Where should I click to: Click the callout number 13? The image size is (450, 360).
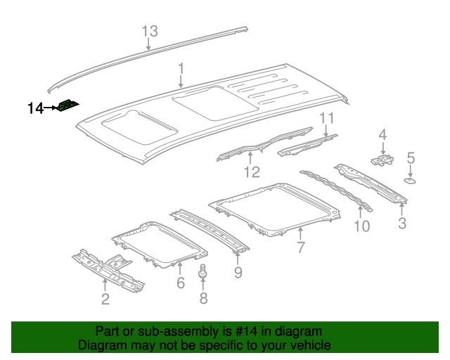click(x=150, y=32)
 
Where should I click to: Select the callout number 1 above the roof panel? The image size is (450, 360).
click(x=181, y=69)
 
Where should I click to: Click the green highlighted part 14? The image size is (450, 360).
click(x=67, y=106)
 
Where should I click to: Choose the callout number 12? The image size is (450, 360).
click(x=252, y=172)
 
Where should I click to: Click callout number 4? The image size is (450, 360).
click(x=382, y=134)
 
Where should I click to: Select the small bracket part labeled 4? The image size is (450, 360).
click(x=382, y=161)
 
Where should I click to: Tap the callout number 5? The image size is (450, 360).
click(x=411, y=158)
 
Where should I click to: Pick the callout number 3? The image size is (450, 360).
click(x=401, y=224)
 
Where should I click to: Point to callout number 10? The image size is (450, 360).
click(x=361, y=226)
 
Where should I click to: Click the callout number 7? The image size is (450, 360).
click(x=300, y=247)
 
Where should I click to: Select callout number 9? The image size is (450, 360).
click(x=238, y=271)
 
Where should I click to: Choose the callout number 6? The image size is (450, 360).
click(x=180, y=283)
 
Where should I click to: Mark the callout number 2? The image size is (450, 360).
click(x=105, y=300)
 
